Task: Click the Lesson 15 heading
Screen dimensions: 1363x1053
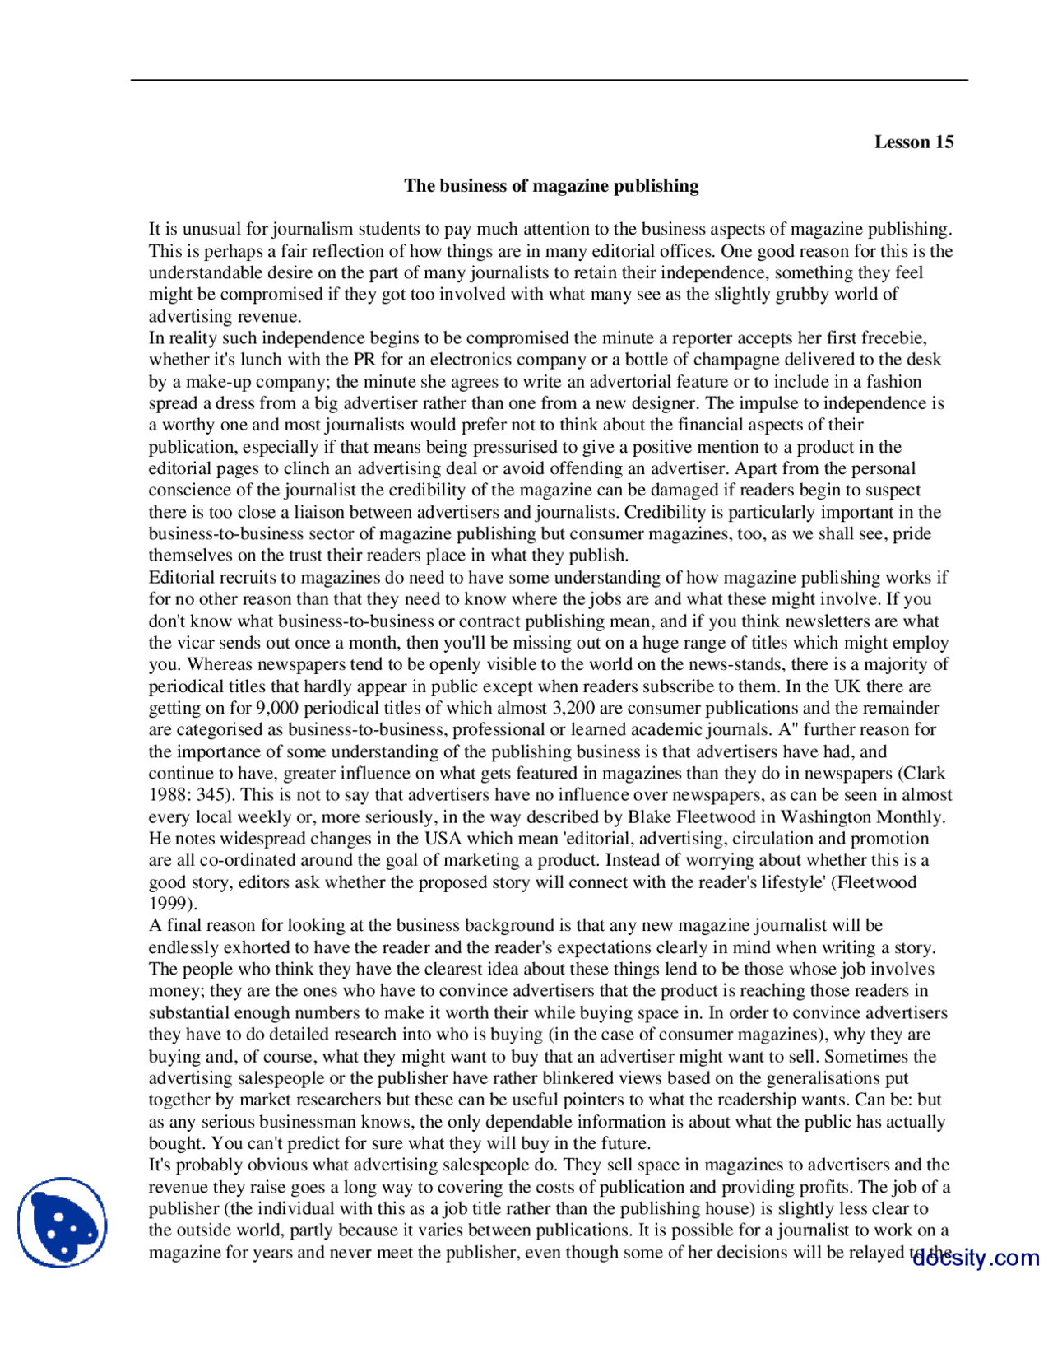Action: tap(913, 142)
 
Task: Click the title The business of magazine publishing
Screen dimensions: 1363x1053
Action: tap(551, 185)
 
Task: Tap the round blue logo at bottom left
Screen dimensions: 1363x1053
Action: tap(62, 1222)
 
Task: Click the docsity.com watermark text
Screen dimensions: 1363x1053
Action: tap(976, 1258)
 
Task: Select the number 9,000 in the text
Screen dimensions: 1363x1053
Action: tap(276, 708)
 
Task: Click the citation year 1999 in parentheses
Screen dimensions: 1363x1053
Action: tap(169, 904)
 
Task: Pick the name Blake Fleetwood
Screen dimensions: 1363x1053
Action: tap(700, 816)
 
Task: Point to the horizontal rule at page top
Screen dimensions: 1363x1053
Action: tap(549, 80)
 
